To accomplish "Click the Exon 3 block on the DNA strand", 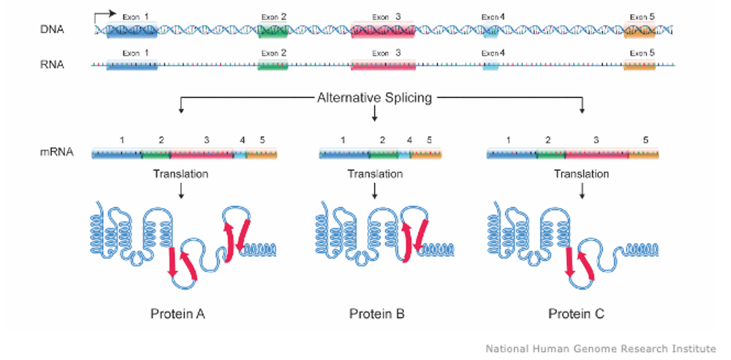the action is click(x=383, y=30).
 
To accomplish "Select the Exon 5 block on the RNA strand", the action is click(x=640, y=65).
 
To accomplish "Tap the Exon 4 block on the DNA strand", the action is click(x=490, y=30).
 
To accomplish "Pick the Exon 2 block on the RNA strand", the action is click(x=273, y=65).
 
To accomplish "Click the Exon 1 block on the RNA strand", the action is click(x=132, y=65).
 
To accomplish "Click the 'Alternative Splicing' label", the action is click(x=374, y=98).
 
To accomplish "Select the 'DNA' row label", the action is click(x=52, y=30).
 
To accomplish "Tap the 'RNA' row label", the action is click(x=52, y=65).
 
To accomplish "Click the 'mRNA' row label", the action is click(x=56, y=152).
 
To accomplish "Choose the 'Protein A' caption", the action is click(x=178, y=314).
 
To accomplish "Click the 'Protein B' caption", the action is click(x=377, y=314).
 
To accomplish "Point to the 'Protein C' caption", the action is click(x=576, y=314).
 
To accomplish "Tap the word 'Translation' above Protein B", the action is click(x=375, y=174).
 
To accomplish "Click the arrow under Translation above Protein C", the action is click(x=582, y=190).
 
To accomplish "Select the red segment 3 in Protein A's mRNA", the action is click(x=202, y=153).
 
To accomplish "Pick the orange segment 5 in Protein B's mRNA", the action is click(x=426, y=153).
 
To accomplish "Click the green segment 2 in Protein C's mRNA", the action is click(x=551, y=153).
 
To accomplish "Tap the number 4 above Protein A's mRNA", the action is click(x=242, y=139).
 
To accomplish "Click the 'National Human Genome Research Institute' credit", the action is click(x=601, y=348).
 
